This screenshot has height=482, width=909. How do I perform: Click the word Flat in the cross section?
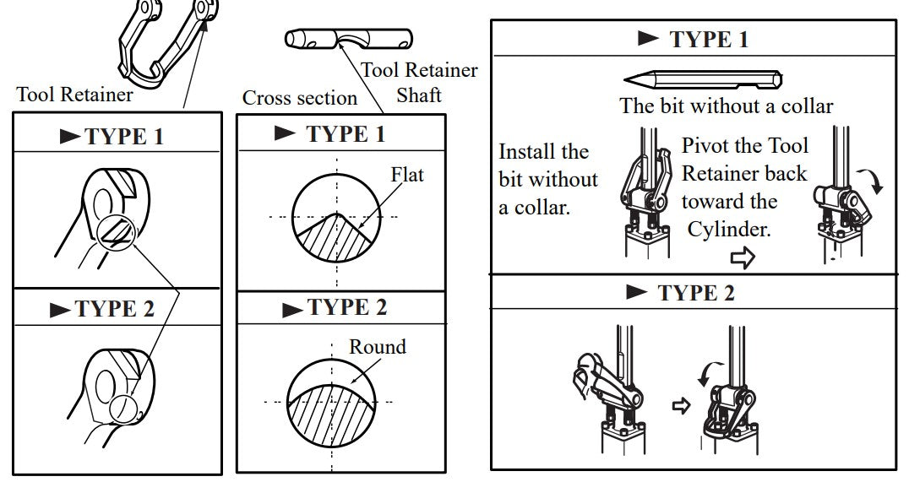click(x=407, y=176)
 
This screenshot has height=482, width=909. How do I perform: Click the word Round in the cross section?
click(x=378, y=347)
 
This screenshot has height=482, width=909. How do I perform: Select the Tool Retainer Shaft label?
click(x=420, y=83)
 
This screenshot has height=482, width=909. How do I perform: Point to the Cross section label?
click(x=300, y=98)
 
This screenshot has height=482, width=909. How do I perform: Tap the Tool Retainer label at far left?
click(x=74, y=95)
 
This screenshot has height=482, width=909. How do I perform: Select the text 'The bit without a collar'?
click(x=727, y=106)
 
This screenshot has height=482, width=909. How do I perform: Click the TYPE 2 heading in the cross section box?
click(x=335, y=307)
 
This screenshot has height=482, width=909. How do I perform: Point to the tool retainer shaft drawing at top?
click(x=348, y=40)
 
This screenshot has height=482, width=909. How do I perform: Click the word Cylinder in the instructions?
click(x=729, y=230)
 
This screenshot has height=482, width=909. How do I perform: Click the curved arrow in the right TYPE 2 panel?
click(x=708, y=371)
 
